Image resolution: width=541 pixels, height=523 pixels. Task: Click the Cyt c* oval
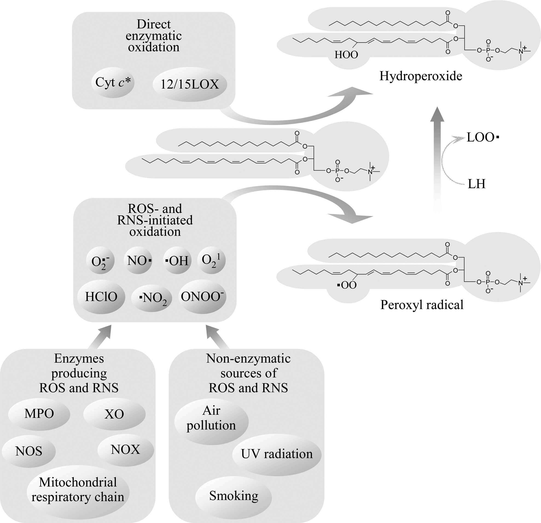(113, 82)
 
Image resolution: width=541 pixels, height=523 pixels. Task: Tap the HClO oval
(101, 297)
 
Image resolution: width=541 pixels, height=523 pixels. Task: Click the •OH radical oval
(176, 261)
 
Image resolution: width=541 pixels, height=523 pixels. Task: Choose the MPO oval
(39, 414)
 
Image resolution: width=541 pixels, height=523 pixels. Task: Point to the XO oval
(114, 414)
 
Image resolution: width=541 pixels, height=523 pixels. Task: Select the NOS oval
(29, 451)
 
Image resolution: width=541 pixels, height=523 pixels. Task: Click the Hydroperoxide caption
(421, 76)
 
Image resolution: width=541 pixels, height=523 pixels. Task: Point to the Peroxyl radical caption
(422, 305)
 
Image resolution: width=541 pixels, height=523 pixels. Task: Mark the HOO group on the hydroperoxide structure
(346, 55)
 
